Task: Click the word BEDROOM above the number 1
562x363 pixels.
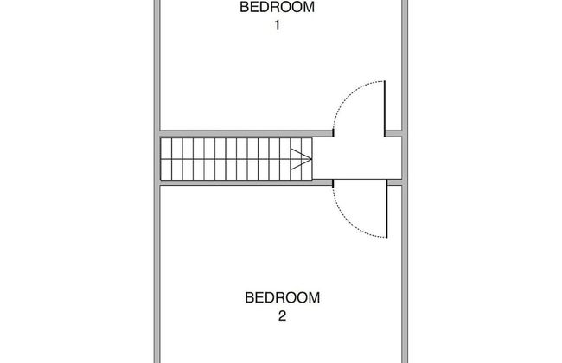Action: click(x=277, y=7)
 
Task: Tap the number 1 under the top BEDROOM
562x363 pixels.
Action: click(x=277, y=25)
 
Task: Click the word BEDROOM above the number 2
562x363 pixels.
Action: click(x=283, y=298)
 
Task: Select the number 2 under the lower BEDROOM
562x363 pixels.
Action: click(x=282, y=316)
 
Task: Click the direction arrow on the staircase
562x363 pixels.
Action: click(x=300, y=159)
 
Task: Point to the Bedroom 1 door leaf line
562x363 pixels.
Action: click(x=385, y=109)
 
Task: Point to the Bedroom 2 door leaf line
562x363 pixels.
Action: click(x=386, y=208)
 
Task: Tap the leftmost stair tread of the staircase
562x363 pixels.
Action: click(x=166, y=159)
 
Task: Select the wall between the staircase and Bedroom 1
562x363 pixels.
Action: click(x=246, y=133)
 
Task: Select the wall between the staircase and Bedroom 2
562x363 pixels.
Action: click(x=246, y=182)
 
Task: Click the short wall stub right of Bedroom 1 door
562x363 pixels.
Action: click(x=393, y=133)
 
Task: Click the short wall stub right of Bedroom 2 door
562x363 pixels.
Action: click(x=395, y=182)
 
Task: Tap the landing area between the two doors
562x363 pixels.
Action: click(x=357, y=158)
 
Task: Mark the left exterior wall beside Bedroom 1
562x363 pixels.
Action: click(x=156, y=65)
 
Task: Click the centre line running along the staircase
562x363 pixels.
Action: click(x=236, y=159)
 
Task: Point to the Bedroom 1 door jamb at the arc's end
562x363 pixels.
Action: click(x=334, y=133)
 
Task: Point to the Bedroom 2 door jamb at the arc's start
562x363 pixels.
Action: click(x=334, y=184)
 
